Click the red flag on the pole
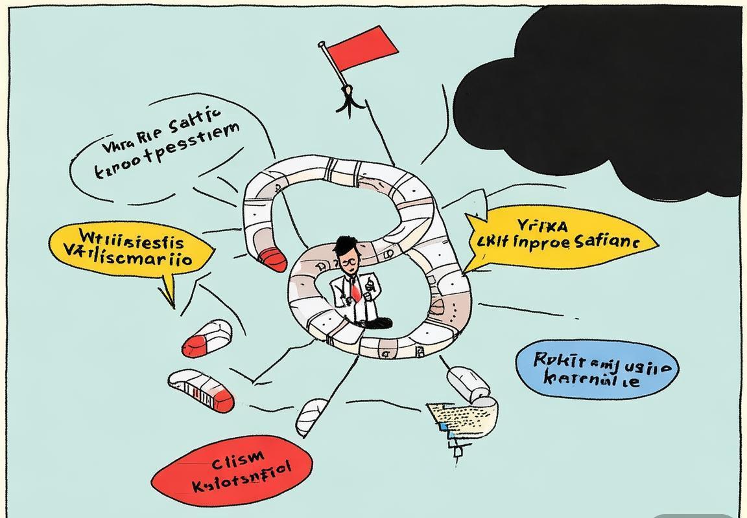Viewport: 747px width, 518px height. coord(367,48)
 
